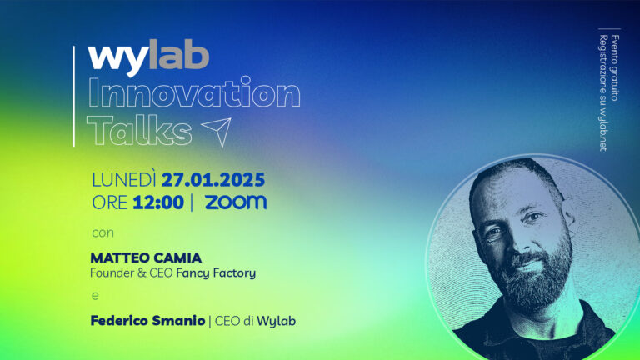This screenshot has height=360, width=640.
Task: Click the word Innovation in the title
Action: tap(193, 93)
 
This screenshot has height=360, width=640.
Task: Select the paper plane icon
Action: tap(216, 129)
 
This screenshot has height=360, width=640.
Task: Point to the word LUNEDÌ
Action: tap(124, 179)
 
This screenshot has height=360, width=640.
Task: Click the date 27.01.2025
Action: tap(213, 179)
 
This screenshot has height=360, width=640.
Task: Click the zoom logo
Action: tap(236, 202)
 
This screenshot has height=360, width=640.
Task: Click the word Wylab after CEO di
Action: tap(276, 320)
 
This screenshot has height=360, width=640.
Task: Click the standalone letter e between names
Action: tap(93, 295)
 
